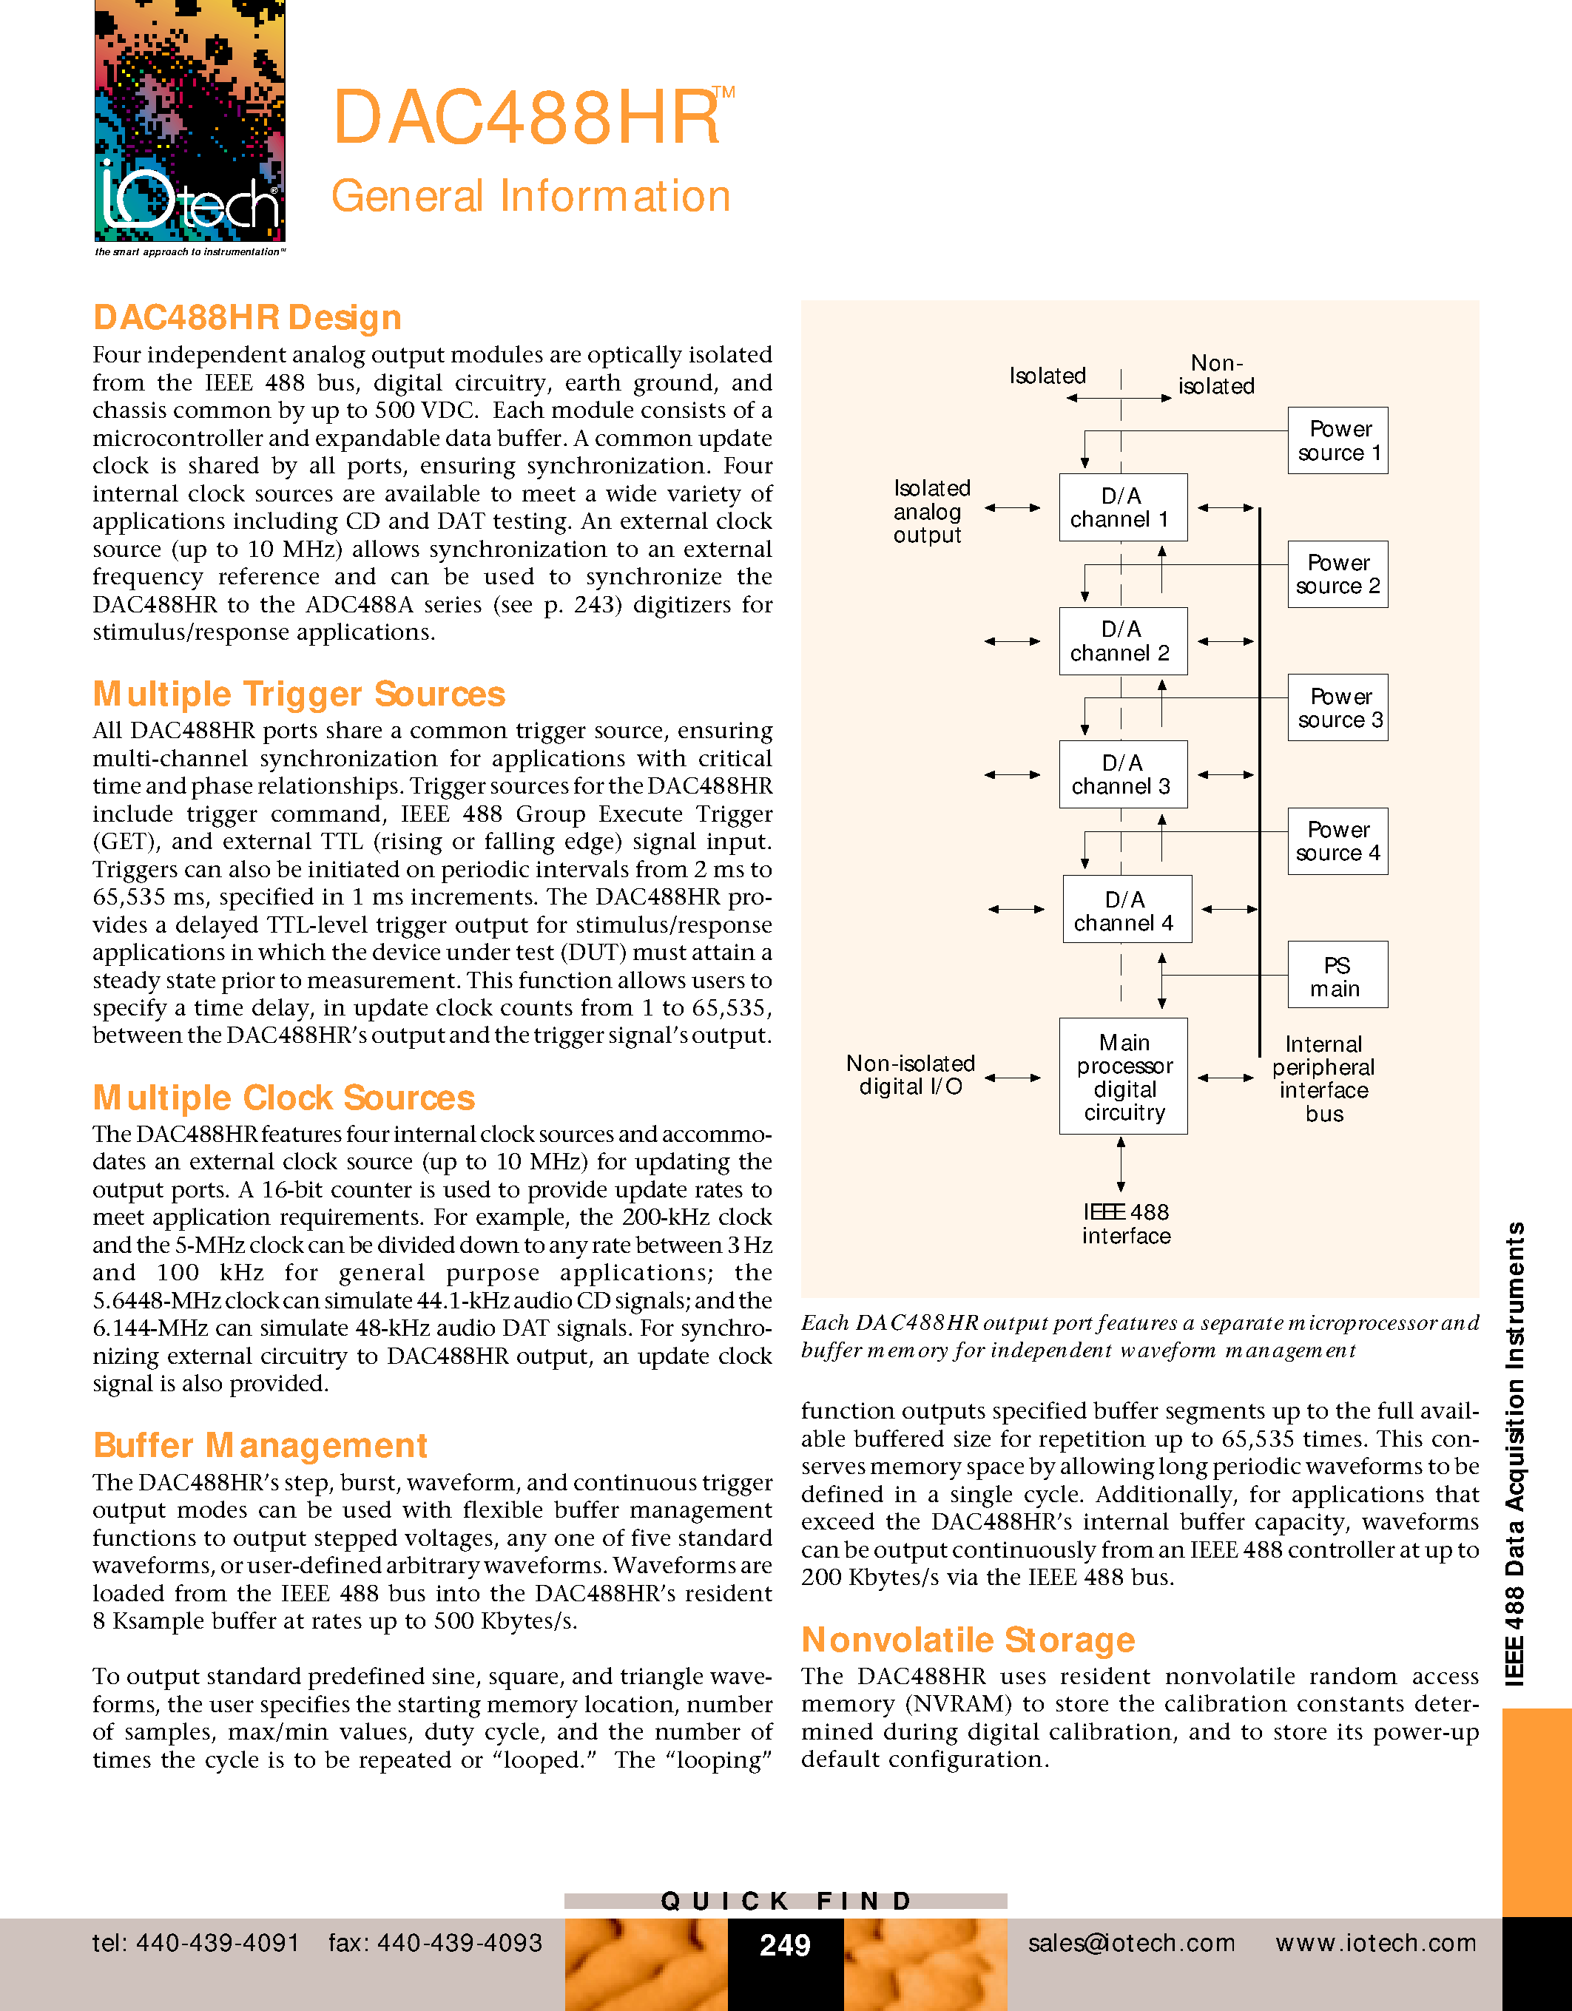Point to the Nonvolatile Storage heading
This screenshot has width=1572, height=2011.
point(968,1640)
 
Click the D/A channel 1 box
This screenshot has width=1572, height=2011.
point(1121,507)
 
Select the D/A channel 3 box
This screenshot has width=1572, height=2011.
point(1121,774)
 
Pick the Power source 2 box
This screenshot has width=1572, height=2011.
point(1337,575)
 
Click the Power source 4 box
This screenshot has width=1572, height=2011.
point(1337,842)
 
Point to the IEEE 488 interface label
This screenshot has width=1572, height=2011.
point(1125,1224)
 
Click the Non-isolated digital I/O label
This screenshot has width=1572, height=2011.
point(911,1075)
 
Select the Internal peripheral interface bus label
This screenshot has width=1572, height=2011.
point(1323,1079)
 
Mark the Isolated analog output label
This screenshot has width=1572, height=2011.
point(931,512)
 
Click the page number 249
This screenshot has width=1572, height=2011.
point(785,1944)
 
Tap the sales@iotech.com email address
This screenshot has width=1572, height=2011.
point(1132,1943)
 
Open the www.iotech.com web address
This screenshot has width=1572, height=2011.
point(1376,1943)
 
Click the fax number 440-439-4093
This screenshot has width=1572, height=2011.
point(436,1943)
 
